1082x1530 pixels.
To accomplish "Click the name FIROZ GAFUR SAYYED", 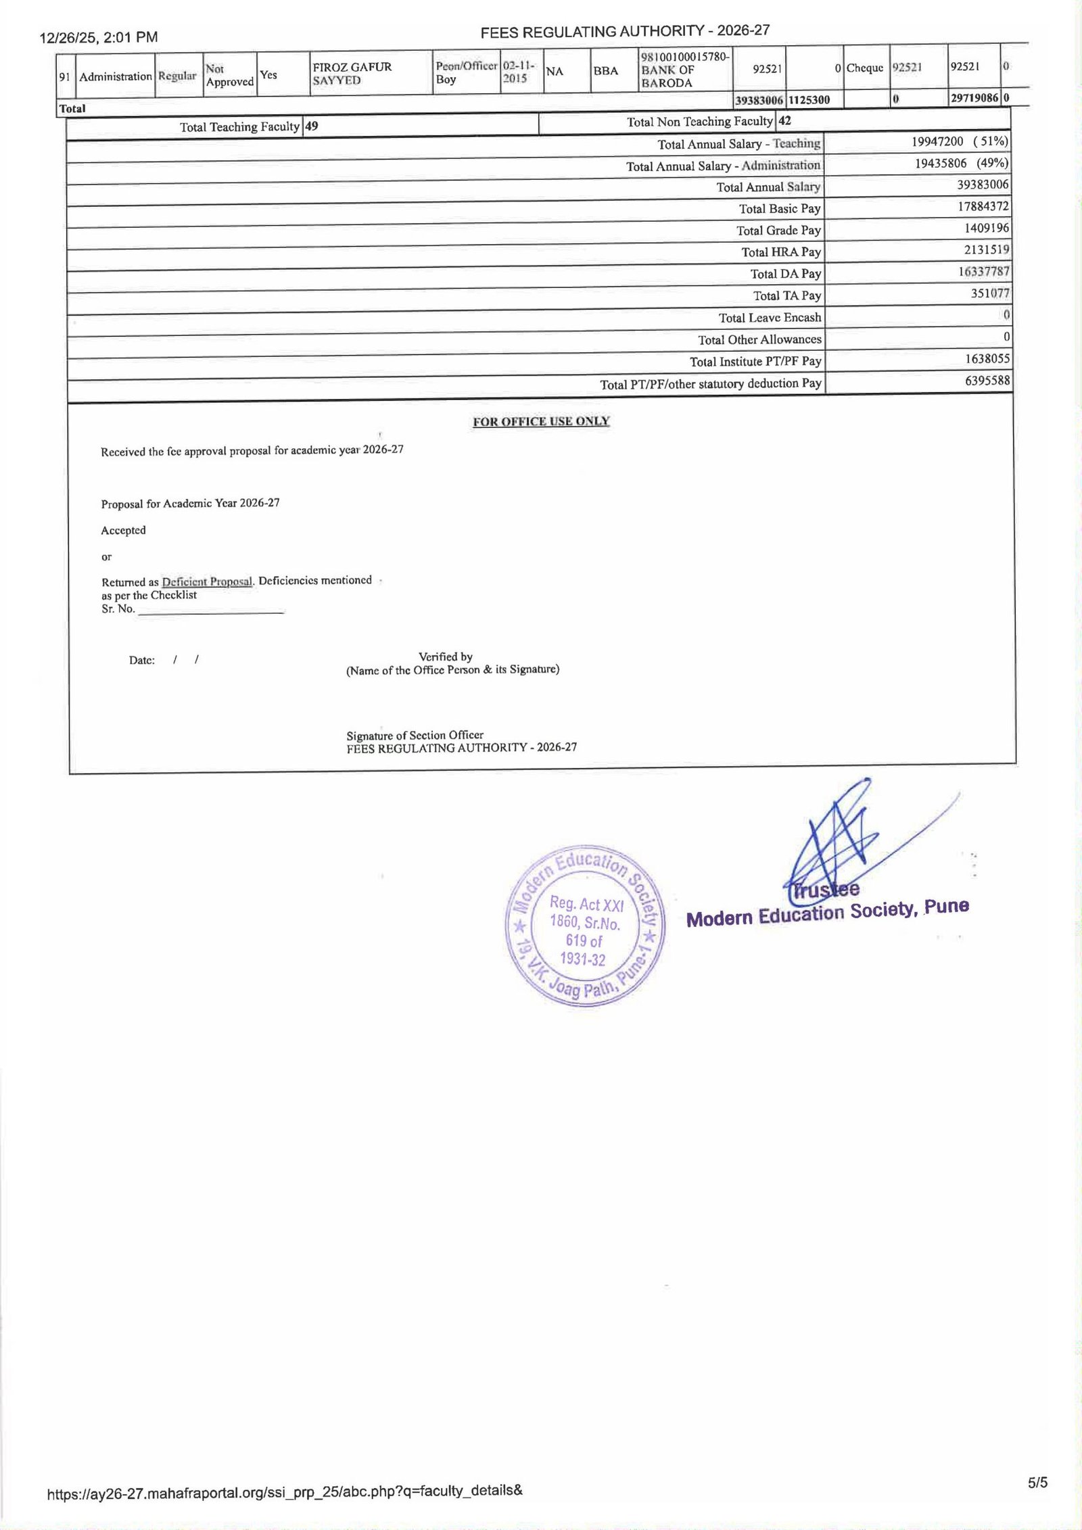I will [x=352, y=74].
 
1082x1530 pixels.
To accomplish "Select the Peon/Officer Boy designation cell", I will [x=467, y=72].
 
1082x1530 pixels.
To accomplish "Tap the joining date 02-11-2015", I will [x=519, y=72].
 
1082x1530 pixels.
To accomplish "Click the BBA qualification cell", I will [x=605, y=70].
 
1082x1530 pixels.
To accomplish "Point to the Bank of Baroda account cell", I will [x=684, y=70].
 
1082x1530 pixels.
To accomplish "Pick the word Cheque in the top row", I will [x=865, y=68].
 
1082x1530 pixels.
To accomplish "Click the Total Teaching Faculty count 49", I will [x=312, y=126].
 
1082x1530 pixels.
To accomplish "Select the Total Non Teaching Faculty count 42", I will [x=784, y=121].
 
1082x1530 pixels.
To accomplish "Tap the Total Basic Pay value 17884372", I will [x=983, y=206].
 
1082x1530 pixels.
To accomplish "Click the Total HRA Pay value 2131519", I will [x=987, y=249].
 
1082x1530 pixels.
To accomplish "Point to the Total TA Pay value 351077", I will [x=989, y=293].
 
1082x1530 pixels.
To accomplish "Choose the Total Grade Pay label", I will [x=778, y=231].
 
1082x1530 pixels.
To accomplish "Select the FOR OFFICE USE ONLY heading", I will [x=541, y=421].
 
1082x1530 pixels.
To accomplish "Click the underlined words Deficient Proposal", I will [x=207, y=581].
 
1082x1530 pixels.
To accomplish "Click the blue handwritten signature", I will [x=839, y=842].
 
